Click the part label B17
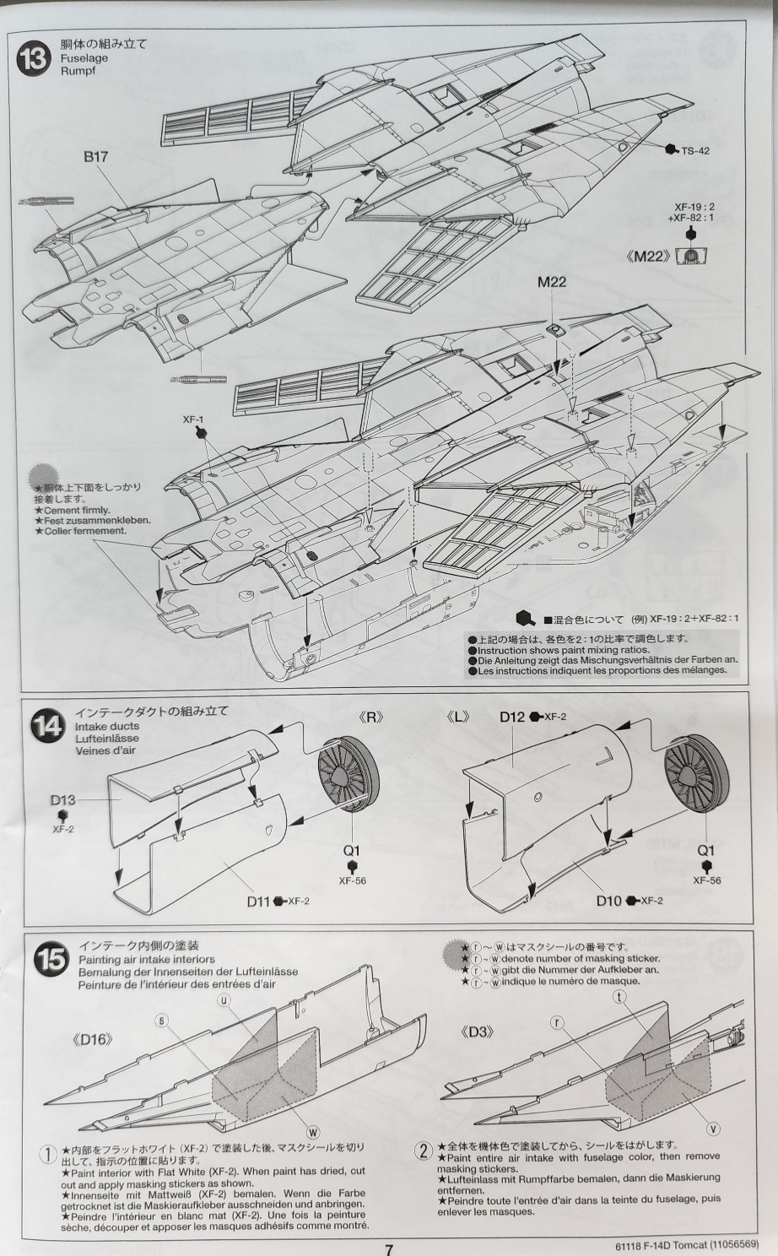pyautogui.click(x=95, y=156)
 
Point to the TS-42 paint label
pyautogui.click(x=695, y=151)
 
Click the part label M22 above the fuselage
pyautogui.click(x=552, y=282)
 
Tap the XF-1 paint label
pyautogui.click(x=193, y=420)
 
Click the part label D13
pyautogui.click(x=62, y=800)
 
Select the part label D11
pyautogui.click(x=259, y=901)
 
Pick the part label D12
pyautogui.click(x=511, y=717)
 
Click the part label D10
pyautogui.click(x=608, y=901)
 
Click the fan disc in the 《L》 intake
pyautogui.click(x=696, y=777)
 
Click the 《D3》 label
pyautogui.click(x=478, y=1032)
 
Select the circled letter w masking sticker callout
pyautogui.click(x=313, y=1132)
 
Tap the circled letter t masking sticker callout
pyautogui.click(x=620, y=997)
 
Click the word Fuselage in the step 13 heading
pyautogui.click(x=84, y=58)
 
